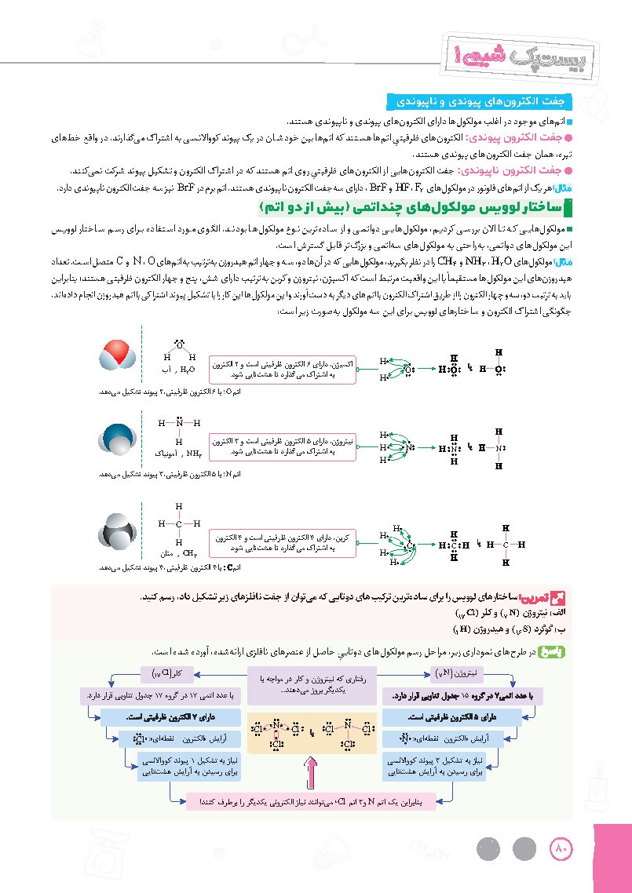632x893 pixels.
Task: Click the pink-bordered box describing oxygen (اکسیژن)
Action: coord(283,370)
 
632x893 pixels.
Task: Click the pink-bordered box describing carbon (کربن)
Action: coord(283,543)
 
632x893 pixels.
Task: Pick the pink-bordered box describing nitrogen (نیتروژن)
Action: coord(283,448)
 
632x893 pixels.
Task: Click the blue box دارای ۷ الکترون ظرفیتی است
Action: coord(170,717)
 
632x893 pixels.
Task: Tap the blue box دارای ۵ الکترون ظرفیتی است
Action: coord(460,717)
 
